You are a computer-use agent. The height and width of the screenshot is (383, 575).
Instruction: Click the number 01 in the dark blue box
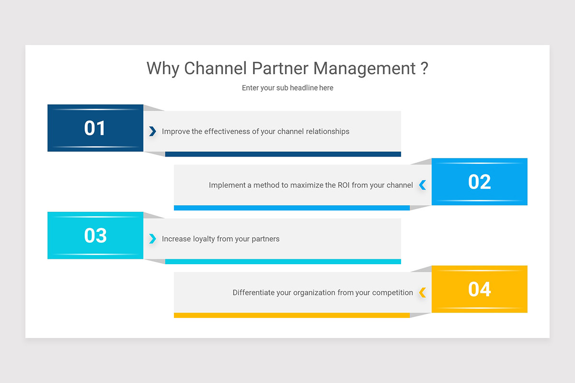[x=95, y=128]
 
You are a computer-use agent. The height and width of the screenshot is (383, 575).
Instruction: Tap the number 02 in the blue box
[x=480, y=182]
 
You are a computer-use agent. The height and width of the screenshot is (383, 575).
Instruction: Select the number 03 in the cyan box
[x=95, y=236]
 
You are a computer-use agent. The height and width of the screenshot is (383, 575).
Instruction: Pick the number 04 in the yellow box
[x=480, y=289]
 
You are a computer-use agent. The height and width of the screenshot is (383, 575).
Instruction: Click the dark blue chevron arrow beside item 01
[x=152, y=131]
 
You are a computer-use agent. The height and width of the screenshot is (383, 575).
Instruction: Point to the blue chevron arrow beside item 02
[x=422, y=185]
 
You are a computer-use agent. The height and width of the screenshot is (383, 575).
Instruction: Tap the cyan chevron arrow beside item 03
[x=152, y=238]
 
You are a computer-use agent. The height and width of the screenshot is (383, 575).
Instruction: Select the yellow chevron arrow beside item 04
[x=422, y=292]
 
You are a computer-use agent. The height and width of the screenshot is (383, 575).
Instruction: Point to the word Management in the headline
[x=365, y=68]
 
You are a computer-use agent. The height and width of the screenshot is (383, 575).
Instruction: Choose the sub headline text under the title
[x=287, y=88]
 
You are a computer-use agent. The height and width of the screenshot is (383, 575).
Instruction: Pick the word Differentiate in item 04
[x=253, y=292]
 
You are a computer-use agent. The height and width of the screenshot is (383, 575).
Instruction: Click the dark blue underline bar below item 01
[x=283, y=154]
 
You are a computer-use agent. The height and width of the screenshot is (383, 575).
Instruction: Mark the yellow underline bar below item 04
[x=291, y=315]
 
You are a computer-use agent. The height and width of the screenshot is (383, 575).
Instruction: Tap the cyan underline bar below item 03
[x=283, y=261]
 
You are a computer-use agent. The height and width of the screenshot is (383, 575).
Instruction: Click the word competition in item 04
[x=392, y=292]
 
